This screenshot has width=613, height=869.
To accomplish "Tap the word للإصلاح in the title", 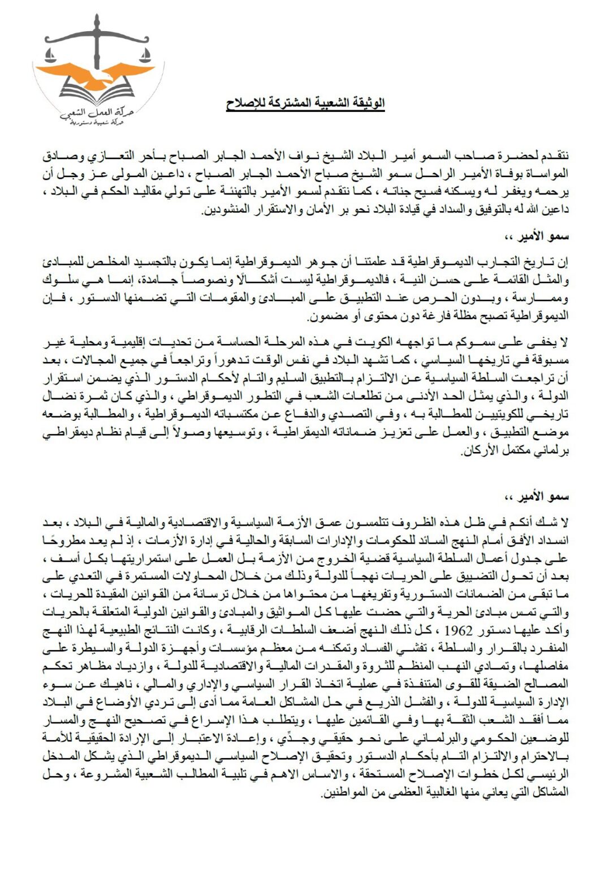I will click(245, 104).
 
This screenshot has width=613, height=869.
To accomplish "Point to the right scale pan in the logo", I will click(146, 55).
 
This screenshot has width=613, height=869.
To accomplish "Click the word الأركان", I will click(480, 452).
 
